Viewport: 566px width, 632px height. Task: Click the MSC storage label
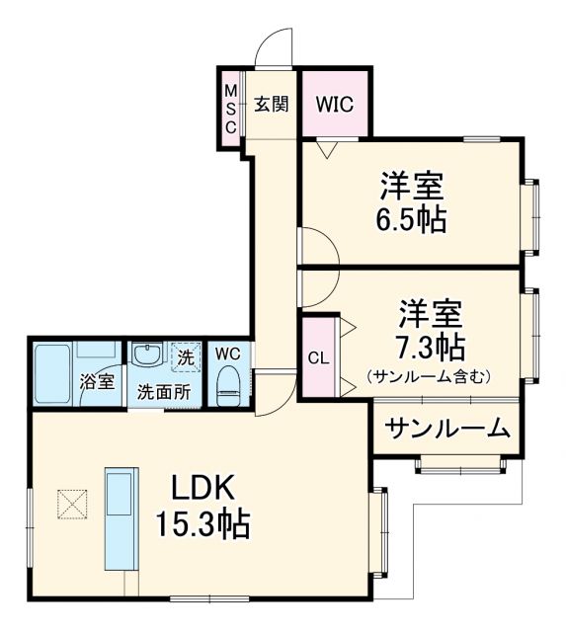click(229, 109)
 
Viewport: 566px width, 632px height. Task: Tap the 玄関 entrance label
click(270, 104)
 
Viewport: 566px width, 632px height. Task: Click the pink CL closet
click(318, 357)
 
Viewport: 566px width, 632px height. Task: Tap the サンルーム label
click(447, 429)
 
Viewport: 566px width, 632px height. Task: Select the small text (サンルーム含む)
click(429, 376)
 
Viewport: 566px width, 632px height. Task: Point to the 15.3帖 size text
click(202, 522)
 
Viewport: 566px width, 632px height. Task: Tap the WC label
click(227, 353)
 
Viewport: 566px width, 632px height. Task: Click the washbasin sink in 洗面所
click(148, 355)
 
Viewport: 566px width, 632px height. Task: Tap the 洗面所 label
click(164, 390)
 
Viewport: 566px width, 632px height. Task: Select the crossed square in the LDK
click(71, 505)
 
